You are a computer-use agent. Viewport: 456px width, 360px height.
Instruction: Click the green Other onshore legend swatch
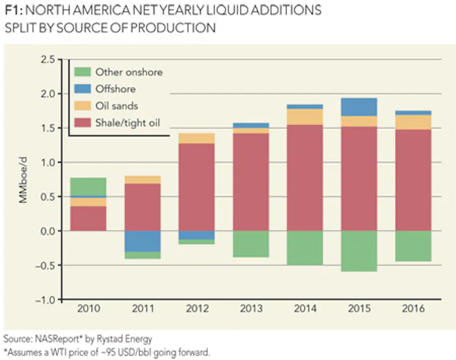click(x=84, y=72)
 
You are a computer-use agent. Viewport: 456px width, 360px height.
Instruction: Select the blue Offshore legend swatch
click(x=84, y=89)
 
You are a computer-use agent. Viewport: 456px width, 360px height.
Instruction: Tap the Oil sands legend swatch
click(x=84, y=106)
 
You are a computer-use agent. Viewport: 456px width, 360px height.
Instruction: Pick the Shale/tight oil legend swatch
click(x=84, y=123)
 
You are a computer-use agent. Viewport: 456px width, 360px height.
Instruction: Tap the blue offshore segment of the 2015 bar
click(x=358, y=107)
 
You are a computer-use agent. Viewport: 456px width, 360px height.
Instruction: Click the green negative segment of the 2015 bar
click(x=358, y=251)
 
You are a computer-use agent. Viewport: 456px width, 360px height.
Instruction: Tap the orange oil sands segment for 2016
click(x=413, y=122)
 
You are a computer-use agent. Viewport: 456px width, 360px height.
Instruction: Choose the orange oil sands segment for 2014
click(x=304, y=117)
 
